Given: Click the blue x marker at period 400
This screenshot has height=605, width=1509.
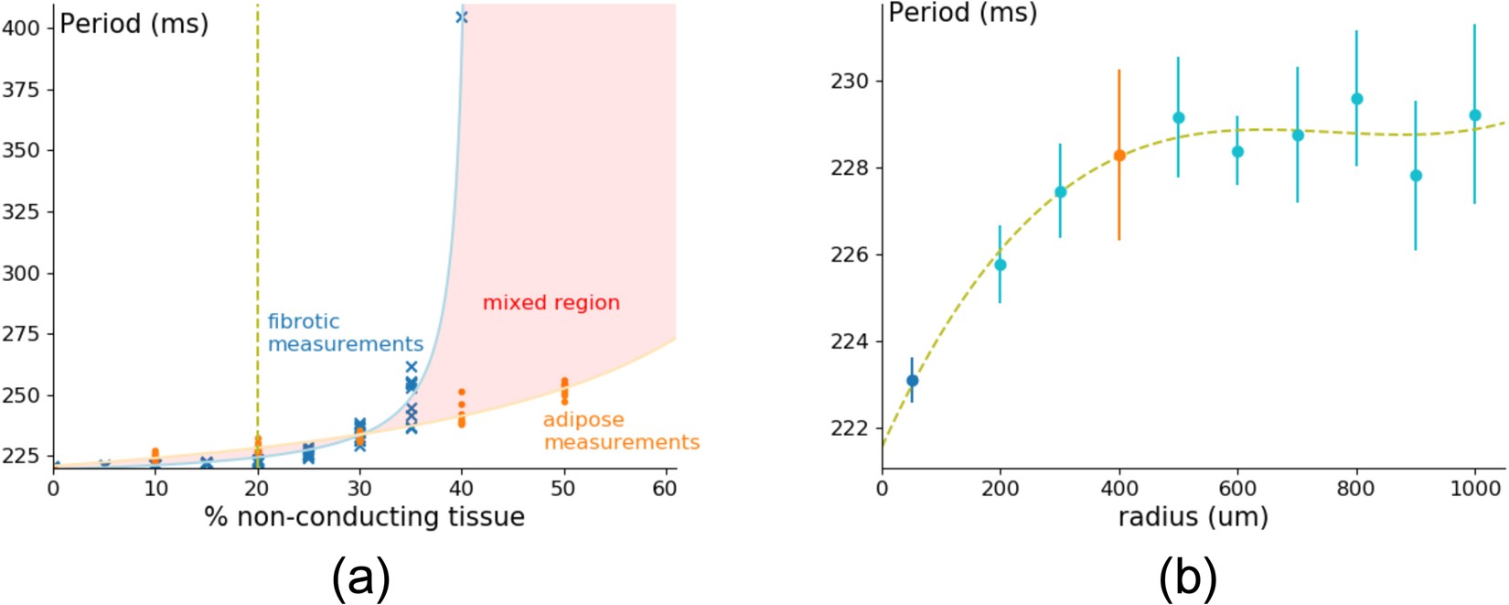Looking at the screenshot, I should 461,16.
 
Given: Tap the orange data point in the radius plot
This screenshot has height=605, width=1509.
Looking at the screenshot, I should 1118,156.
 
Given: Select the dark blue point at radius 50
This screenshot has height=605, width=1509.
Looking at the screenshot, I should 912,381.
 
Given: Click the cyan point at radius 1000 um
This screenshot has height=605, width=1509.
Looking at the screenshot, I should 1474,115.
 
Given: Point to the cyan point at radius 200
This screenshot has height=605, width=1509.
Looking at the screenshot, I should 1000,265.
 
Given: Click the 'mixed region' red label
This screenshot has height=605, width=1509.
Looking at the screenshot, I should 551,303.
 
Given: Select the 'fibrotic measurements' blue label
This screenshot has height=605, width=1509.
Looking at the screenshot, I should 345,333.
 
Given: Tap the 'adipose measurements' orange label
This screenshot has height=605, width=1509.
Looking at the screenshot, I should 621,431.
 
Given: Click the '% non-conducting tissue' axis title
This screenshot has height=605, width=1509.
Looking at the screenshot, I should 364,517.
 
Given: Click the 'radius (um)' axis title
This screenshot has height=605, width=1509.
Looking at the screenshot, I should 1193,517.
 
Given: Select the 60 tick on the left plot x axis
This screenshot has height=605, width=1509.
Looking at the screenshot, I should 665,490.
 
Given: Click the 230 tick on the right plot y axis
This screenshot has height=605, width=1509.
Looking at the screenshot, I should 851,81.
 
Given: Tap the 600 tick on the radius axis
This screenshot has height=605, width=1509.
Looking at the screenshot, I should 1237,490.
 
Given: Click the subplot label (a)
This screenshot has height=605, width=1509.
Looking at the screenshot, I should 360,578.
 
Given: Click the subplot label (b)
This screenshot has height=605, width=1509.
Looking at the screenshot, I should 1188,578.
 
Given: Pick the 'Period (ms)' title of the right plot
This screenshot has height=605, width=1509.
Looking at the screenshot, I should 962,13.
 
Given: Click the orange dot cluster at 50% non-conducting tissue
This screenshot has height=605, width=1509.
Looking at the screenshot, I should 564,391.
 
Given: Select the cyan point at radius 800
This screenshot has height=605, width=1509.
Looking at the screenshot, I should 1356,99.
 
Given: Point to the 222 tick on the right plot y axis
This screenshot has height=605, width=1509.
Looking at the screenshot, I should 851,428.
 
